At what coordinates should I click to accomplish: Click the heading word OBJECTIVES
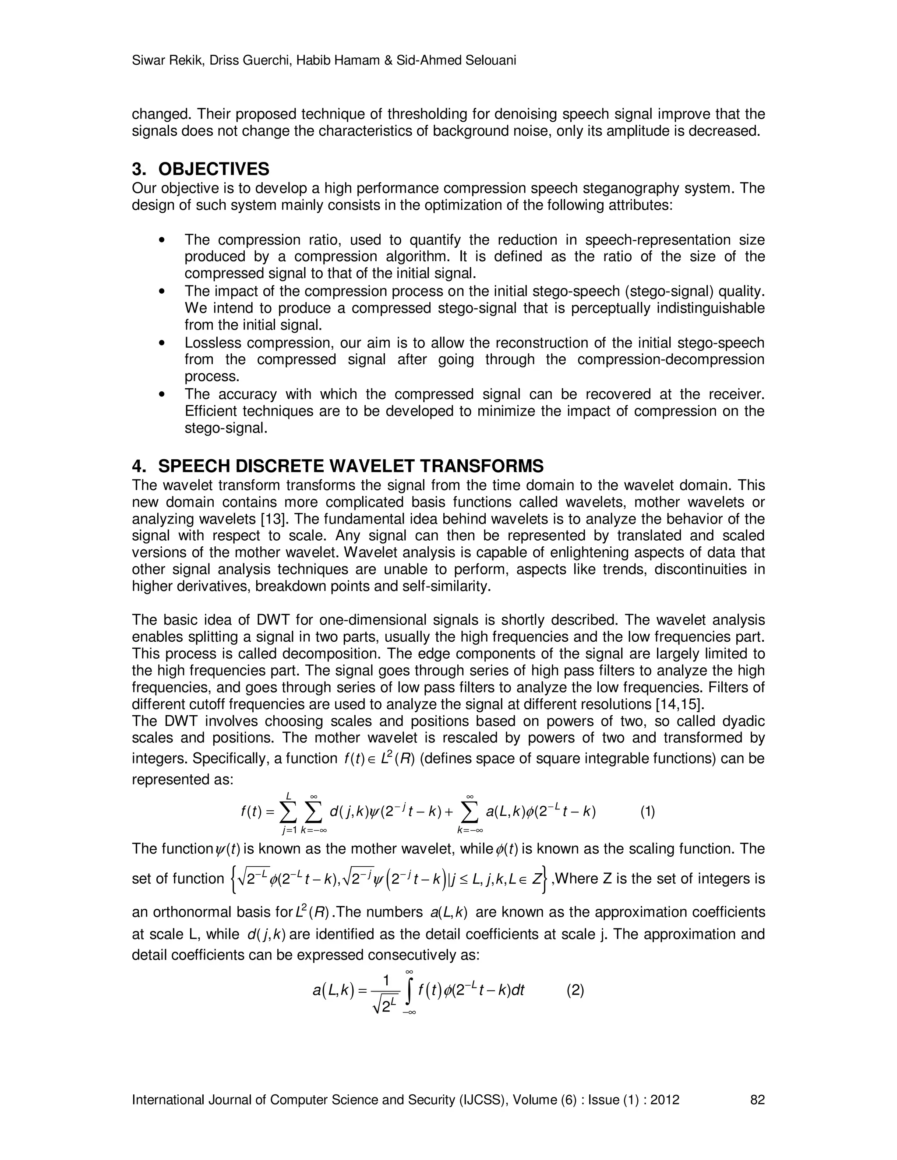click(214, 169)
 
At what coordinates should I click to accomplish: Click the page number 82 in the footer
click(757, 1100)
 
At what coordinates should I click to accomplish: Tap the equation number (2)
click(576, 990)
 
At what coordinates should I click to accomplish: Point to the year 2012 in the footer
click(665, 1100)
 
